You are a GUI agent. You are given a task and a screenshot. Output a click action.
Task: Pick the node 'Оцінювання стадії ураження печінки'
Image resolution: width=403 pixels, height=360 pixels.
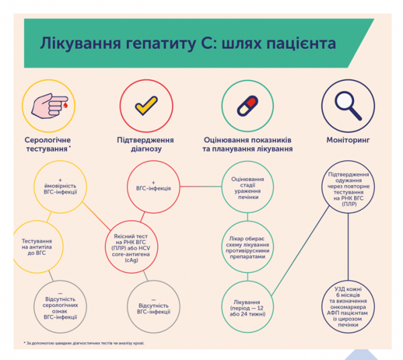[247, 186]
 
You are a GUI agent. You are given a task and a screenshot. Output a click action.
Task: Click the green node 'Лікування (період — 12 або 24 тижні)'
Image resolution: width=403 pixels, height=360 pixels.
[247, 306]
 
